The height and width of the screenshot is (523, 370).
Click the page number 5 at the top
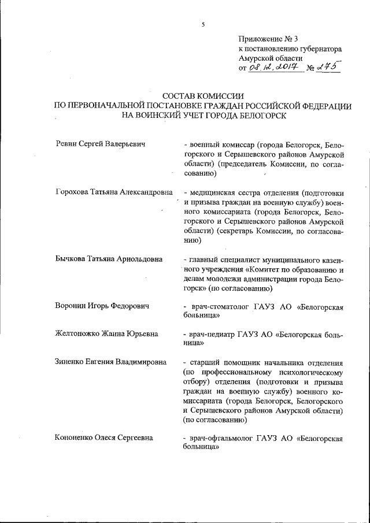(203, 25)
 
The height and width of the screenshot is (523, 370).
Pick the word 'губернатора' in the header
(318, 50)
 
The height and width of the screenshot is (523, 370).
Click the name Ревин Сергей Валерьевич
(99, 143)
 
